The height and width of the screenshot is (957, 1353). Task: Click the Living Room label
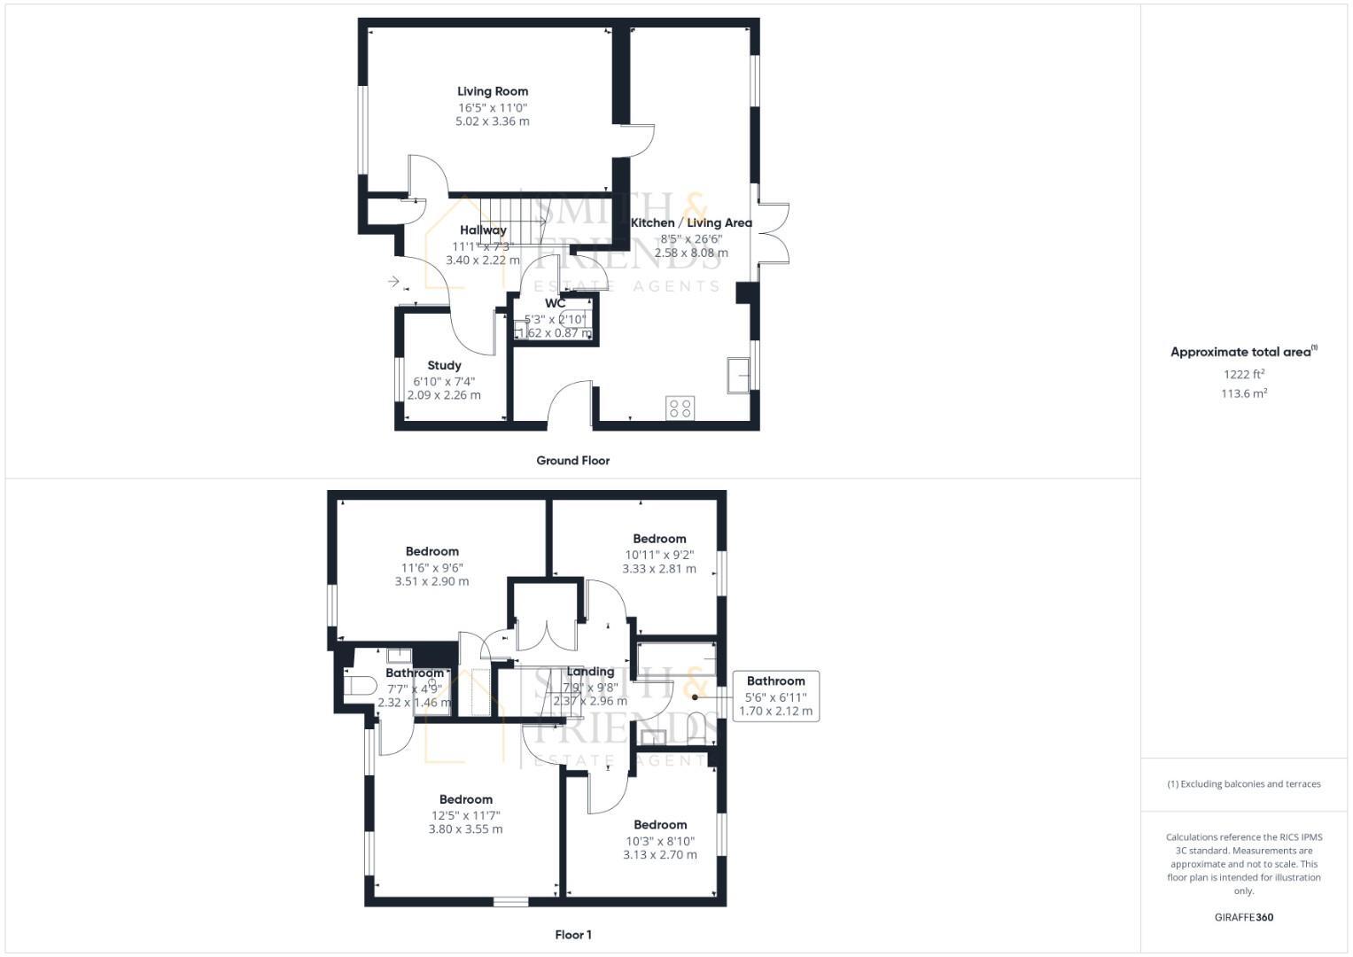pyautogui.click(x=493, y=91)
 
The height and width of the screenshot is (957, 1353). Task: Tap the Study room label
pyautogui.click(x=444, y=365)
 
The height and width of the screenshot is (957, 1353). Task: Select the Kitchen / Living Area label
pyautogui.click(x=691, y=223)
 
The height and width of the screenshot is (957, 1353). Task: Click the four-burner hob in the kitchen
pyautogui.click(x=680, y=408)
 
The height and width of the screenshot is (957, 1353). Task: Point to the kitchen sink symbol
pyautogui.click(x=737, y=375)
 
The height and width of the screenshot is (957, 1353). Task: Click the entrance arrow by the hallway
pyautogui.click(x=393, y=282)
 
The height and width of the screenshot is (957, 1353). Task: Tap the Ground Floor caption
pyautogui.click(x=572, y=461)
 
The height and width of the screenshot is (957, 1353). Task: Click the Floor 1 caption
pyautogui.click(x=573, y=935)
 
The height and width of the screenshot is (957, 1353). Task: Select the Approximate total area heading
pyautogui.click(x=1243, y=352)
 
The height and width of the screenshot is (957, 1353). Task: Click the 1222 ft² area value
pyautogui.click(x=1243, y=375)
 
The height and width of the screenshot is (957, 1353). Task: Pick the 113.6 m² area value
pyautogui.click(x=1243, y=394)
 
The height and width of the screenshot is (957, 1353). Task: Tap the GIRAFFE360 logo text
pyautogui.click(x=1243, y=918)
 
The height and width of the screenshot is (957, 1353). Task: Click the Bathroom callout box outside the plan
pyautogui.click(x=775, y=696)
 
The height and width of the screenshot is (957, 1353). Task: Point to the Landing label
pyautogui.click(x=590, y=672)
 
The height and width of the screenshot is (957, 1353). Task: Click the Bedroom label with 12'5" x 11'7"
pyautogui.click(x=466, y=799)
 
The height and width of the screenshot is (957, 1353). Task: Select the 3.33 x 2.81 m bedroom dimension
pyautogui.click(x=659, y=569)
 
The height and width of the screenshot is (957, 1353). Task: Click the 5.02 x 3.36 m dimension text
pyautogui.click(x=493, y=121)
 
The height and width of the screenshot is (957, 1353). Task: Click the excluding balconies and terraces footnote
pyautogui.click(x=1243, y=784)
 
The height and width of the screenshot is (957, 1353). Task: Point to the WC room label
pyautogui.click(x=555, y=304)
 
